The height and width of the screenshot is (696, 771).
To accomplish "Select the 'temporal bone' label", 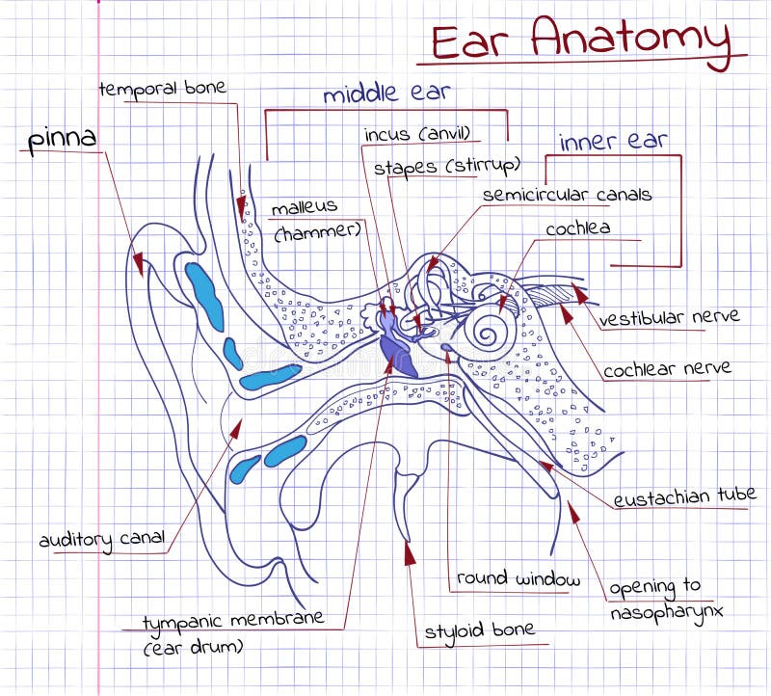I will coord(162,89).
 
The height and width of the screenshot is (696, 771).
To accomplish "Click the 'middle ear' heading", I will coord(385,94).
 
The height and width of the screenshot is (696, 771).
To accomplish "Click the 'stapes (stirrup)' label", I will coord(447,166).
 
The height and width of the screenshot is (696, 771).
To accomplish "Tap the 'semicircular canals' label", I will coord(567,195).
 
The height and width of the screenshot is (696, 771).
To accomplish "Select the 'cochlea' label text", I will coord(577,228).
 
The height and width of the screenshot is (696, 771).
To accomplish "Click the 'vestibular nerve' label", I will coord(669,317).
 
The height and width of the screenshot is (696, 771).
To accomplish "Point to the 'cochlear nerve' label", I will coord(667,368).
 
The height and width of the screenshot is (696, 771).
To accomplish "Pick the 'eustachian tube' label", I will coord(684,495).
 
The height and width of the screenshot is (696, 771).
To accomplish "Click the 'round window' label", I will coord(518,578).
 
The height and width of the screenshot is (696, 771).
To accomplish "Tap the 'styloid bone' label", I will coord(479,630).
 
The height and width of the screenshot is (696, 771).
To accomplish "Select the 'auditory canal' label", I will coord(102,538).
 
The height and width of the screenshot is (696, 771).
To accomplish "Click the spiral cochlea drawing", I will coord(488,333).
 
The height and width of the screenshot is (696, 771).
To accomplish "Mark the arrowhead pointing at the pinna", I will coord(140,262).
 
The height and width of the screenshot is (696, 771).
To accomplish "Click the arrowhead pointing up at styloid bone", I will coord(410,552).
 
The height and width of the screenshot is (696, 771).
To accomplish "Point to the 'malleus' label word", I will coord(304,206).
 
